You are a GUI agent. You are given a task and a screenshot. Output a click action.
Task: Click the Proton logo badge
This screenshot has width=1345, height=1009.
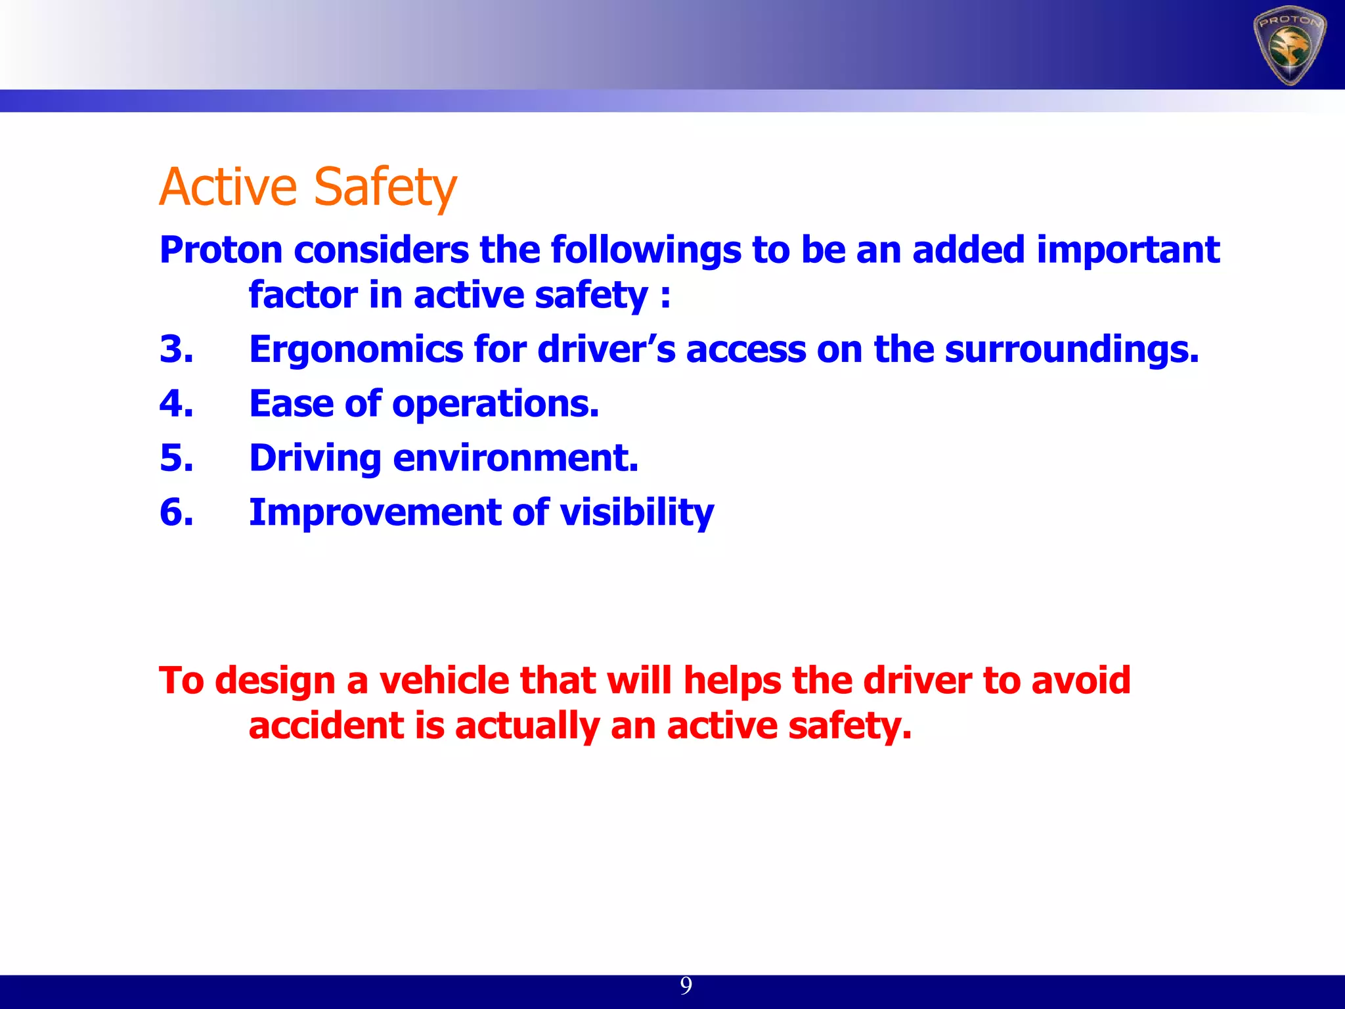[x=1289, y=47]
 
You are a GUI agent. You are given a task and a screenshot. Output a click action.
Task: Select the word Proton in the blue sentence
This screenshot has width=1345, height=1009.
[x=221, y=250]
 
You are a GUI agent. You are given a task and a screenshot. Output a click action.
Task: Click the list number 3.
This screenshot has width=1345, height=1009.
[x=176, y=349]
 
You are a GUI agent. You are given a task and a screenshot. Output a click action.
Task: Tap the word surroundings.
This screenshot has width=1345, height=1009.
[x=1071, y=349]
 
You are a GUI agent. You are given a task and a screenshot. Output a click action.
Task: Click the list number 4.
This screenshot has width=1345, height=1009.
[x=176, y=403]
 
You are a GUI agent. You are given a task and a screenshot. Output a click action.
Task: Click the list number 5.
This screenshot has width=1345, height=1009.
[x=176, y=458]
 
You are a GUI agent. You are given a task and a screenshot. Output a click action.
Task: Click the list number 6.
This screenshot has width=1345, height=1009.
[x=176, y=512]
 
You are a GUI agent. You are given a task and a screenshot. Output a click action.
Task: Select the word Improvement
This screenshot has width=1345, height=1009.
[x=375, y=513]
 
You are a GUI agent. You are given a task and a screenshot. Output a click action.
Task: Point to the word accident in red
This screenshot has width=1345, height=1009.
[x=326, y=726]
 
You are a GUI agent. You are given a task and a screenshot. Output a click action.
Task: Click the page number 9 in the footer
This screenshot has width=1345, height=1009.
[x=686, y=985]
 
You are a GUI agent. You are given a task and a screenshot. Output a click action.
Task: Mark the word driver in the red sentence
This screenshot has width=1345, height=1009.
[x=917, y=681]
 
